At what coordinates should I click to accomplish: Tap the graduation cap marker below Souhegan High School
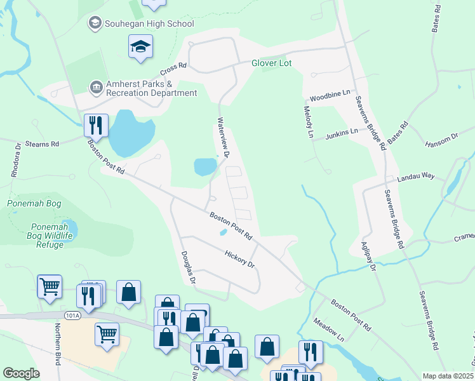(x=140, y=46)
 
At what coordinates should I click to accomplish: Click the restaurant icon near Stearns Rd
(x=96, y=124)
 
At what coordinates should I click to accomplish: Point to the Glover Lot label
(x=275, y=63)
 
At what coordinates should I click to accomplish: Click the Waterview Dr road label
(x=223, y=137)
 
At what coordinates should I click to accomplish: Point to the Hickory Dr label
(x=239, y=258)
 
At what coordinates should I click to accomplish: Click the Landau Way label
(x=416, y=178)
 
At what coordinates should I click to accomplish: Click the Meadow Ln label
(x=328, y=328)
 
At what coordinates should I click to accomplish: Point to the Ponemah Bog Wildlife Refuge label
(x=41, y=236)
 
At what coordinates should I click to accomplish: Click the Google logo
(x=21, y=373)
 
